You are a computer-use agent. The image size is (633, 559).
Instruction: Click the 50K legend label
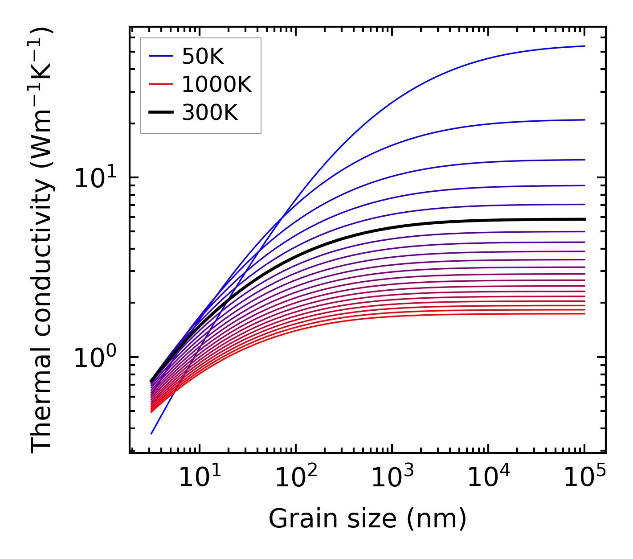[x=203, y=56]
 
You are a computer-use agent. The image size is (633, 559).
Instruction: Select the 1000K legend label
[x=217, y=84]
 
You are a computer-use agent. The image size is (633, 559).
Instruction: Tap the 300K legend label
[x=210, y=113]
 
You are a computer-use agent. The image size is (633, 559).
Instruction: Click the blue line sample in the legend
[x=161, y=56]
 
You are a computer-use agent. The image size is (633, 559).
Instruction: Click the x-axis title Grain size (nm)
[x=368, y=519]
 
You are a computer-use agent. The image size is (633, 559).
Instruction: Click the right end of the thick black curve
[x=584, y=219]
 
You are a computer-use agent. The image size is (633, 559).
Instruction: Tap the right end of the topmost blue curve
[x=584, y=46]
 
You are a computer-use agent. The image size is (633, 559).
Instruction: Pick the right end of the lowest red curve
[x=584, y=314]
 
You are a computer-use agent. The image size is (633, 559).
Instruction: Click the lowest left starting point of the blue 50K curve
[x=151, y=434]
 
